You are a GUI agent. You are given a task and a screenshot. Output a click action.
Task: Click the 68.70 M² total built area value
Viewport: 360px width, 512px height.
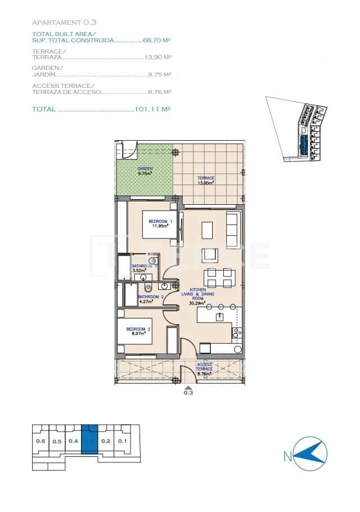157,41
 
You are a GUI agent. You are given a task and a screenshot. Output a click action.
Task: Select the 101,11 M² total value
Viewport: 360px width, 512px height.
152,109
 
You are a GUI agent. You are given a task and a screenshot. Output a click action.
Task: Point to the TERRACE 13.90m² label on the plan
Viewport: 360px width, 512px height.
206,180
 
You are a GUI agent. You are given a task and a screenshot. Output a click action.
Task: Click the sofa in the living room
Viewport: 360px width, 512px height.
232,226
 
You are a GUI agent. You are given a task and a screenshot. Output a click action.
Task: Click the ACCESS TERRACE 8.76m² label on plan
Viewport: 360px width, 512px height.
204,369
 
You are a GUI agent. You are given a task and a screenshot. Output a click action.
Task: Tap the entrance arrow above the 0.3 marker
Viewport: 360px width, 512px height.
188,387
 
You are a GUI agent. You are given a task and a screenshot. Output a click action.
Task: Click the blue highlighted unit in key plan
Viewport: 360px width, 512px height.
89,442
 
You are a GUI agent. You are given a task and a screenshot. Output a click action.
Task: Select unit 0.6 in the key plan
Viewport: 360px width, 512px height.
40,441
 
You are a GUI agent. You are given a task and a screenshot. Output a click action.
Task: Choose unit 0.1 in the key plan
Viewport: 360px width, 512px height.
122,441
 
